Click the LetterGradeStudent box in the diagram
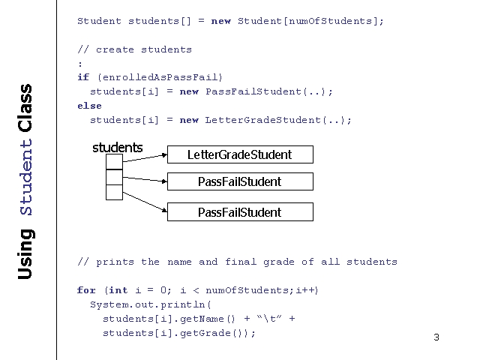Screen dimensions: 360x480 pos(239,154)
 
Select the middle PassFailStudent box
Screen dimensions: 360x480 pos(239,181)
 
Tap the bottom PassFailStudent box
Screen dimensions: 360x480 pos(239,212)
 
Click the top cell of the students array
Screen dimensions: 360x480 pos(114,161)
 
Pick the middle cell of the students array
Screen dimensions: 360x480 pos(114,177)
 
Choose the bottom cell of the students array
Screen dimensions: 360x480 pos(114,192)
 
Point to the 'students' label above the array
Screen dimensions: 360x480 pos(117,148)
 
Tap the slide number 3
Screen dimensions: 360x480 pos(436,337)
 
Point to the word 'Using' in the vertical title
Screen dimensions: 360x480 pos(25,254)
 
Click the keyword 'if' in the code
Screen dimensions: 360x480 pos(83,77)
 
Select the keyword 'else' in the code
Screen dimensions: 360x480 pos(89,106)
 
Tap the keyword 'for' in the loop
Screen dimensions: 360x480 pos(86,290)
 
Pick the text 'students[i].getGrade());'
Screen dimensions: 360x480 pos(179,333)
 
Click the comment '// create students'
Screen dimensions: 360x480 pos(134,49)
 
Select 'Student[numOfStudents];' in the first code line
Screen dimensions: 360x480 pos(310,21)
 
